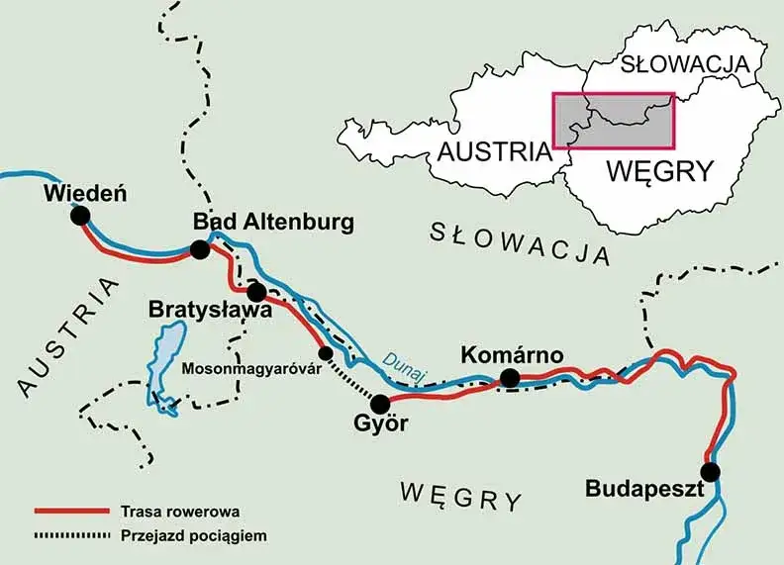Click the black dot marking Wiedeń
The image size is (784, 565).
[x=80, y=217]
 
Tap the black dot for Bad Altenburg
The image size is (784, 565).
[x=200, y=250]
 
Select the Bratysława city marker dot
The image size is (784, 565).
[x=256, y=293]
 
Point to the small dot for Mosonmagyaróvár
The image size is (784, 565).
[x=325, y=353]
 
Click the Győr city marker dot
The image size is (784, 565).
[x=379, y=404]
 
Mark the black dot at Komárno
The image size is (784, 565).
[x=510, y=378]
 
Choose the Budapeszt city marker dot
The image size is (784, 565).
[x=710, y=470]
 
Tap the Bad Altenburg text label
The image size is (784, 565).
[x=272, y=222]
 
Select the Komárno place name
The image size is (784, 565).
[x=512, y=354]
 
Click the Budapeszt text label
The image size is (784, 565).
[x=643, y=489]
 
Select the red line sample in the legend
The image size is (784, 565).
[x=69, y=512]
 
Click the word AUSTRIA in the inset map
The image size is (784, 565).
[x=493, y=151]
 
